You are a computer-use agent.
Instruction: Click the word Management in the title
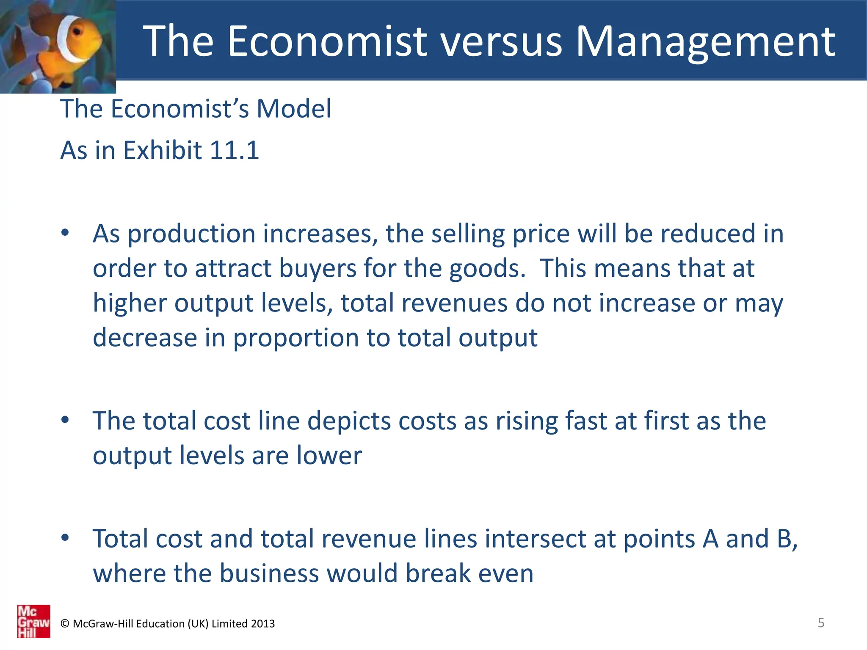[x=706, y=41]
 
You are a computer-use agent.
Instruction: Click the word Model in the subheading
[x=294, y=109]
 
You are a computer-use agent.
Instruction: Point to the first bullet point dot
[x=65, y=233]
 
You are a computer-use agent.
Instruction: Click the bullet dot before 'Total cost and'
[x=65, y=538]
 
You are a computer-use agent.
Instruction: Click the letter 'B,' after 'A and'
[x=787, y=539]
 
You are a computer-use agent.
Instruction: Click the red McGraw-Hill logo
[x=33, y=621]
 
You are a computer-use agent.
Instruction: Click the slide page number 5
[x=821, y=623]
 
